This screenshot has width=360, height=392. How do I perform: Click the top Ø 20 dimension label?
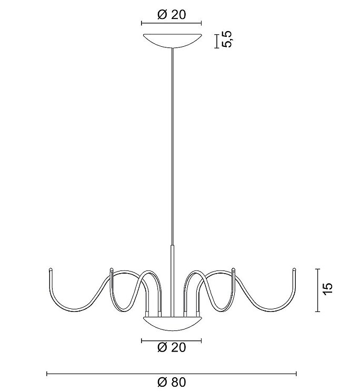tap(172, 15)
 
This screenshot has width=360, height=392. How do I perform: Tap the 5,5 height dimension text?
tap(227, 39)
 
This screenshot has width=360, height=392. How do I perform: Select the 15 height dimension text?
tap(328, 289)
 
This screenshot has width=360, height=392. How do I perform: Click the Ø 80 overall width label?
tap(172, 382)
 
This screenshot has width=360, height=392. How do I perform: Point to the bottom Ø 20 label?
tap(172, 347)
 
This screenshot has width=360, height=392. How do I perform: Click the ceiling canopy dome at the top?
tap(172, 40)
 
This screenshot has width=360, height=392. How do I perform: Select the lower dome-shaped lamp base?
tap(172, 323)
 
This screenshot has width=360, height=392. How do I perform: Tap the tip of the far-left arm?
tap(51, 269)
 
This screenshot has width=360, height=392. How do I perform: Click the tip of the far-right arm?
tap(295, 269)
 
